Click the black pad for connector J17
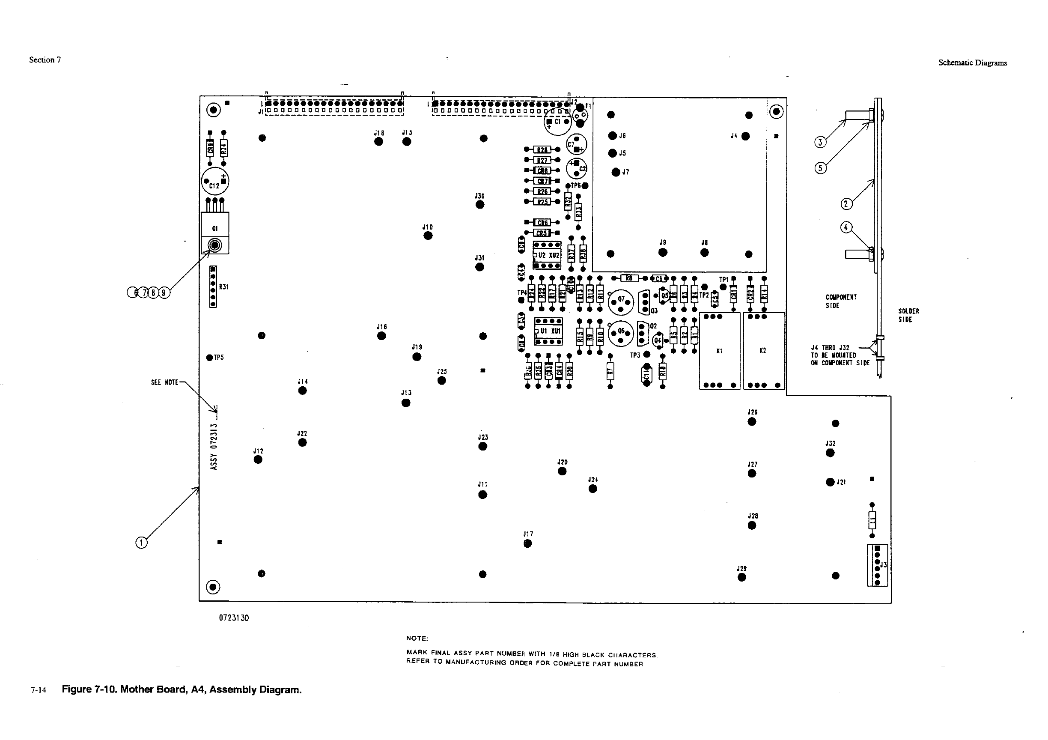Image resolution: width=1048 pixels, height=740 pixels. click(x=528, y=543)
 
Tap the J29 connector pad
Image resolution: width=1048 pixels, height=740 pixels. click(x=742, y=577)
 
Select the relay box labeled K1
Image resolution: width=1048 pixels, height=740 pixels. click(x=719, y=351)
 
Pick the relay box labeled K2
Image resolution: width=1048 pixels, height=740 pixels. click(x=764, y=351)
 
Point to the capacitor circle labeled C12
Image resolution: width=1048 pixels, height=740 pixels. click(x=215, y=181)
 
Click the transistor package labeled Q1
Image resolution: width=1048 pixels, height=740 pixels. click(x=215, y=233)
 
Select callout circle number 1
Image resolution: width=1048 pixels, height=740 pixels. click(x=142, y=543)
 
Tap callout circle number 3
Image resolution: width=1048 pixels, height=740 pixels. click(x=820, y=143)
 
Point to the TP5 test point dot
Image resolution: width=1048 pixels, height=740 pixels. click(x=209, y=358)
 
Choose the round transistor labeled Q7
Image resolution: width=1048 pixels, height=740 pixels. click(x=621, y=302)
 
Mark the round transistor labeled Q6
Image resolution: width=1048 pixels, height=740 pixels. click(x=621, y=333)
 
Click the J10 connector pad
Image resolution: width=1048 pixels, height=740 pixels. click(x=428, y=236)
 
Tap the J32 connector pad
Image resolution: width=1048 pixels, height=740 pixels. click(x=830, y=453)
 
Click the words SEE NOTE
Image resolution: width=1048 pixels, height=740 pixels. click(x=164, y=382)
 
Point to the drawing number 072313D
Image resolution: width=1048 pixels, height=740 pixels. click(x=234, y=618)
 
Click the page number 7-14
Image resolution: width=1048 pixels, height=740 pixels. click(x=39, y=690)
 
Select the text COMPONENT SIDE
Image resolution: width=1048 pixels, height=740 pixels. click(x=841, y=301)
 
